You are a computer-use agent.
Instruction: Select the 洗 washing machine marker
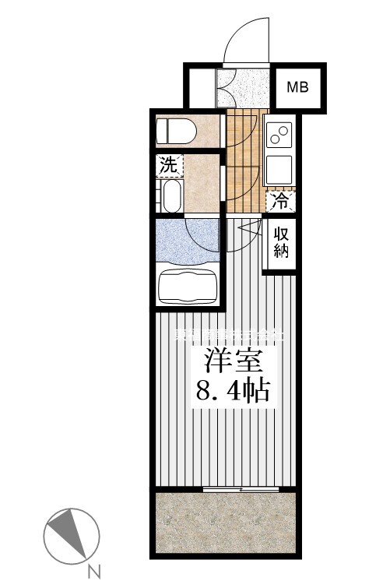[x=168, y=164]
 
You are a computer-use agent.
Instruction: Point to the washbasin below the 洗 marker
[x=171, y=196]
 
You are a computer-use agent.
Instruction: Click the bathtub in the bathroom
[x=187, y=286]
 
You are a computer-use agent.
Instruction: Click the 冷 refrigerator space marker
[x=280, y=202]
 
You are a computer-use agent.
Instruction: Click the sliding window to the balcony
[x=241, y=489]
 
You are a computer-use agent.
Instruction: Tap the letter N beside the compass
[x=94, y=572]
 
